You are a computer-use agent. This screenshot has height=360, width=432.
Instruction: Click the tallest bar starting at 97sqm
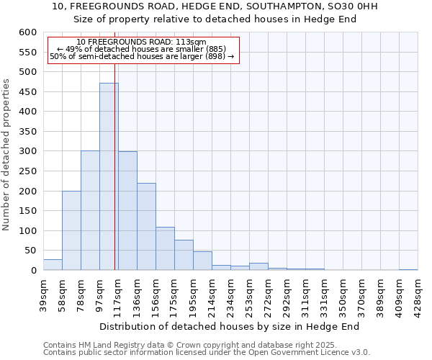pyautogui.click(x=109, y=176)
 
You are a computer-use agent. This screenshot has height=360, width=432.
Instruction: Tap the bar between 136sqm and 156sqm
pyautogui.click(x=146, y=226)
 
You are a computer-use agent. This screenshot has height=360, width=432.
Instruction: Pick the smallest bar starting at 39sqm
pyautogui.click(x=53, y=265)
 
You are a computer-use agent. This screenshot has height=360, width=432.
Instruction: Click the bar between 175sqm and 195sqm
pyautogui.click(x=184, y=255)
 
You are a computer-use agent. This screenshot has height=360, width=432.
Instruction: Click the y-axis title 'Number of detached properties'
pyautogui.click(x=6, y=155)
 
